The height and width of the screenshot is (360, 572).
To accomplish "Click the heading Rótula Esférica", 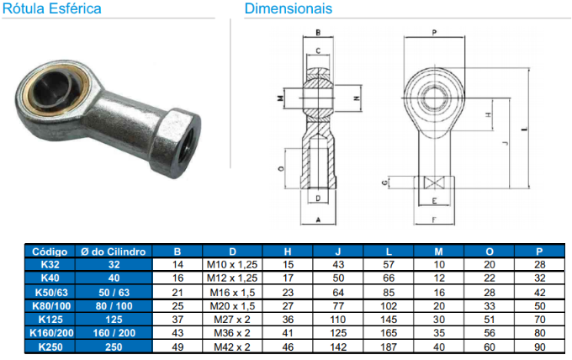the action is click(x=52, y=8).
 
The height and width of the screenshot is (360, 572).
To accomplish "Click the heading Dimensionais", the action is click(x=289, y=8).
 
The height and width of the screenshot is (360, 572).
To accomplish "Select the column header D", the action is click(x=232, y=251).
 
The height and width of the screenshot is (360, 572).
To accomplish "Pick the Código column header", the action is click(x=50, y=251).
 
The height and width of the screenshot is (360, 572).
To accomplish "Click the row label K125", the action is click(x=50, y=320).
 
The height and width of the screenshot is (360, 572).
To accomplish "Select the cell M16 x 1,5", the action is click(x=232, y=293).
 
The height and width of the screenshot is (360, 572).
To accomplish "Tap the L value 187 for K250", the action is click(x=389, y=347).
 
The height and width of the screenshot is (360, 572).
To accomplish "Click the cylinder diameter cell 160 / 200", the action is click(x=114, y=333).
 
